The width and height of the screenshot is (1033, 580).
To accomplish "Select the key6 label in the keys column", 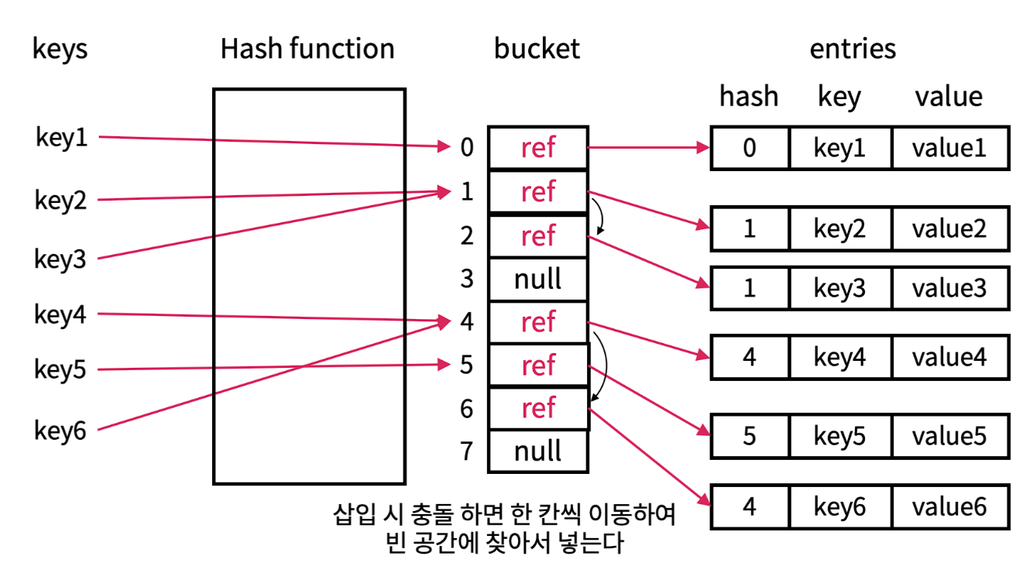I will pyautogui.click(x=60, y=430).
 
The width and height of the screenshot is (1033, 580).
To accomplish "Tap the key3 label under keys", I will pyautogui.click(x=60, y=259).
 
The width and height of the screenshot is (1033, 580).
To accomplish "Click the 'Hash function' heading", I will pyautogui.click(x=307, y=49).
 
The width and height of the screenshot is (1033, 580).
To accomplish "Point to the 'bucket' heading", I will pyautogui.click(x=537, y=49).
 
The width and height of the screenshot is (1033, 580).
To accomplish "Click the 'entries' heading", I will pyautogui.click(x=853, y=49).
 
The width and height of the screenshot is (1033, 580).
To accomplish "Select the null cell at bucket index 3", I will pyautogui.click(x=538, y=279).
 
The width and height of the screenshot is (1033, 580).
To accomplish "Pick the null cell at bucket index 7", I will pyautogui.click(x=538, y=451).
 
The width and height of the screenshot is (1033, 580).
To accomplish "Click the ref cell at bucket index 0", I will pyautogui.click(x=538, y=147).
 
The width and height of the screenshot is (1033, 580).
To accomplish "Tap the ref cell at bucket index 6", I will pyautogui.click(x=538, y=408).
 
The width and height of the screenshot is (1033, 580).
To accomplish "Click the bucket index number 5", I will pyautogui.click(x=466, y=365).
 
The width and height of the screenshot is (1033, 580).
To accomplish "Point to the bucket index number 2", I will pyautogui.click(x=466, y=235).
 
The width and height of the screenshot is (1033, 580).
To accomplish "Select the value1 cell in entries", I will pyautogui.click(x=949, y=148).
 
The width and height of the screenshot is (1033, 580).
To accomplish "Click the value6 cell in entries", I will pyautogui.click(x=949, y=507).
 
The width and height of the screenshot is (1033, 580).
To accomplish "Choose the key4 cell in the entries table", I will pyautogui.click(x=839, y=357).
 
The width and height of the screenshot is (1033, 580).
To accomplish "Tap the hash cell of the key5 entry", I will pyautogui.click(x=749, y=436).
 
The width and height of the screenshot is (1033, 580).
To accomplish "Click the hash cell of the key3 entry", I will pyautogui.click(x=749, y=288).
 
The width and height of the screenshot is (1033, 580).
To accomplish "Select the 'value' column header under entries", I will pyautogui.click(x=949, y=97).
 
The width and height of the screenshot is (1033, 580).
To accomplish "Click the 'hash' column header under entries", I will pyautogui.click(x=749, y=97).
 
